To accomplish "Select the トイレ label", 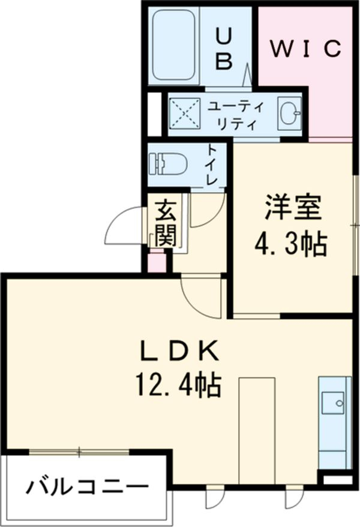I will click(x=213, y=163).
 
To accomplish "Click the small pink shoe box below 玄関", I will click(x=155, y=263).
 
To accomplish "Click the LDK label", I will click(x=176, y=351).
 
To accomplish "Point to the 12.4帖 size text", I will click(x=176, y=384).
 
